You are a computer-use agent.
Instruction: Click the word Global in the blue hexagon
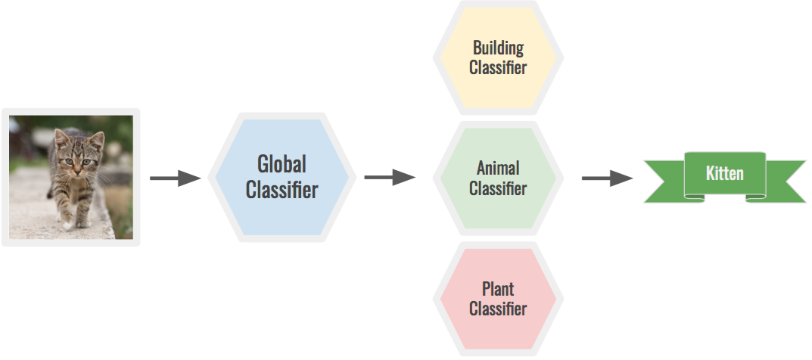[x=282, y=163]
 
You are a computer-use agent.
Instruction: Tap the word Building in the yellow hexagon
[x=498, y=48]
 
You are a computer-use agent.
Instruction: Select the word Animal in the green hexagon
[x=498, y=167]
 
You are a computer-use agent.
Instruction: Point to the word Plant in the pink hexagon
[x=498, y=289]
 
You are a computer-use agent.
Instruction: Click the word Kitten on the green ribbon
[x=724, y=173]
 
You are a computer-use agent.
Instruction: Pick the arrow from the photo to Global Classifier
[x=175, y=178]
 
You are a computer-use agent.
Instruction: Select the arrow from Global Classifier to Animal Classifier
[x=389, y=178]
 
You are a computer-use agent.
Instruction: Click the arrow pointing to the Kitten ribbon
[x=606, y=178]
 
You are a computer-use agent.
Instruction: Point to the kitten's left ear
[x=96, y=139]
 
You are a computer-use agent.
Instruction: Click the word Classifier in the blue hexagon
[x=282, y=189]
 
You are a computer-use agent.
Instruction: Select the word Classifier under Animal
[x=498, y=188]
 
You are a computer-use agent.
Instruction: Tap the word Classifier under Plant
[x=498, y=309]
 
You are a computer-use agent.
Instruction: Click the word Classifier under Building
[x=498, y=67]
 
